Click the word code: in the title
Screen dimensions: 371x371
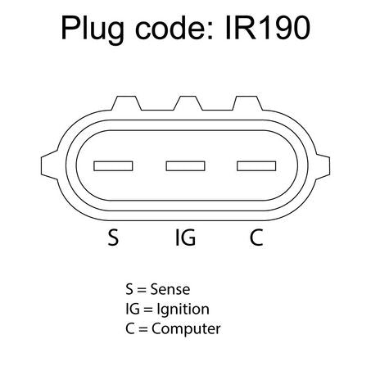point(174,27)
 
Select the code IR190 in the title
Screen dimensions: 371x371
point(268,28)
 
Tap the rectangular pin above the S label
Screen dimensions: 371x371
point(113,166)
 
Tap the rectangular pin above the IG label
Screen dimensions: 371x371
point(186,166)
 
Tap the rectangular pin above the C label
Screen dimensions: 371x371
point(256,166)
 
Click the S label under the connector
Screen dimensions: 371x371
point(113,238)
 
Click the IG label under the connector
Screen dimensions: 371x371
point(185,238)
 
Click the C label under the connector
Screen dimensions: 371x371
point(256,238)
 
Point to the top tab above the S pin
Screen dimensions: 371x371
point(126,103)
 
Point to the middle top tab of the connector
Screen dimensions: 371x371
point(188,103)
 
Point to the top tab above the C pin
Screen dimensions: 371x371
point(247,103)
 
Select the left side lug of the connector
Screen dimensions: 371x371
point(49,165)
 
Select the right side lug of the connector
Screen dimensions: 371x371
point(322,167)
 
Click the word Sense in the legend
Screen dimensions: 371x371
point(170,289)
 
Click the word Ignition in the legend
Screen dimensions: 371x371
point(183,310)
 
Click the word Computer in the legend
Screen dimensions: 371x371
point(186,329)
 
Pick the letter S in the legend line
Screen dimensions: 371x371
point(129,289)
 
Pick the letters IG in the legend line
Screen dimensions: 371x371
point(133,309)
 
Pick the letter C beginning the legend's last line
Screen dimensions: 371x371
point(130,328)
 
